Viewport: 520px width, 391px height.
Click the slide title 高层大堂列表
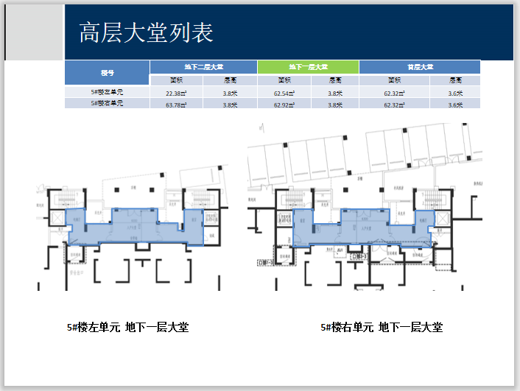(x=146, y=33)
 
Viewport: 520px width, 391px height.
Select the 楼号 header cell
(x=107, y=73)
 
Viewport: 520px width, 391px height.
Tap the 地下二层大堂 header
(x=203, y=67)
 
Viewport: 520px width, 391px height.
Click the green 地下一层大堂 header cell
(x=308, y=67)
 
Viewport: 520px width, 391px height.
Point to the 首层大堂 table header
(x=420, y=67)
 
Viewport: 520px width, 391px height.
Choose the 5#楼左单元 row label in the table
(x=107, y=93)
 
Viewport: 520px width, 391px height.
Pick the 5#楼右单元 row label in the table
(x=107, y=104)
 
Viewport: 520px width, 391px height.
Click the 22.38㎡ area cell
(x=176, y=93)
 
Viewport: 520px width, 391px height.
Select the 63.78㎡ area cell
(x=176, y=105)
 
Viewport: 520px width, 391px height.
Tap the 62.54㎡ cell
(x=284, y=93)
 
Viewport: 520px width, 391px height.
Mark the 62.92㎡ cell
(x=284, y=105)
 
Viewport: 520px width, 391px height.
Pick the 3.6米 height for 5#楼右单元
(x=455, y=105)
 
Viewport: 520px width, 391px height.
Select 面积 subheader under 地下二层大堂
(x=176, y=80)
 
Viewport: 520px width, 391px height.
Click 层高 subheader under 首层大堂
(x=455, y=80)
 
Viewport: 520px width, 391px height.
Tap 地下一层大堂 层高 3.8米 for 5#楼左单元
(x=335, y=93)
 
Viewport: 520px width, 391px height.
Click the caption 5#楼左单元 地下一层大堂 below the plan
(x=127, y=327)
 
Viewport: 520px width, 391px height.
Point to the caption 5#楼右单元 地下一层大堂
(x=381, y=327)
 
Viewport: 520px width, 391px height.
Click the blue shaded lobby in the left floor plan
(x=133, y=226)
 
